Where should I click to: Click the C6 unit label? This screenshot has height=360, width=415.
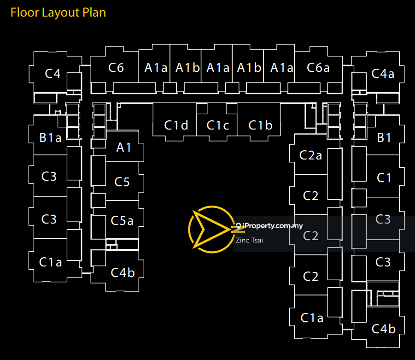(x=116, y=68)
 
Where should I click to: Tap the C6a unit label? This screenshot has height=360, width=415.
(x=318, y=68)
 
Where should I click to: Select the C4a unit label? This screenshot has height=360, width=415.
(x=383, y=73)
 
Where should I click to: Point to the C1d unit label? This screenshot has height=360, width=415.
(x=176, y=125)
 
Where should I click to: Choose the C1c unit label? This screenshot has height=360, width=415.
(x=218, y=125)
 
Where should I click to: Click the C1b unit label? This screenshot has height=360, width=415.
(x=260, y=125)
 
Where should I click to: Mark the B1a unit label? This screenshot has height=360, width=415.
(x=51, y=137)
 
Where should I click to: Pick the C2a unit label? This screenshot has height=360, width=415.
(x=310, y=155)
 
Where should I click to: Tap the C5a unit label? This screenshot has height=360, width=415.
(x=122, y=221)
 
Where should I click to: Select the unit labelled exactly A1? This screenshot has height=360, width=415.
(x=124, y=148)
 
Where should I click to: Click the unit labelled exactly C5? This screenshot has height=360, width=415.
(x=122, y=182)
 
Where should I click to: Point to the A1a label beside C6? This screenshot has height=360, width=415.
(x=156, y=68)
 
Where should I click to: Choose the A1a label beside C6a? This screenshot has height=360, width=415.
(x=281, y=68)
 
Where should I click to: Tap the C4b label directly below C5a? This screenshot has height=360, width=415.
(x=123, y=272)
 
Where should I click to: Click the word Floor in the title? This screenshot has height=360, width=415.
(x=24, y=12)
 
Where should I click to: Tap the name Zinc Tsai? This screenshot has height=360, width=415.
(x=249, y=240)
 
